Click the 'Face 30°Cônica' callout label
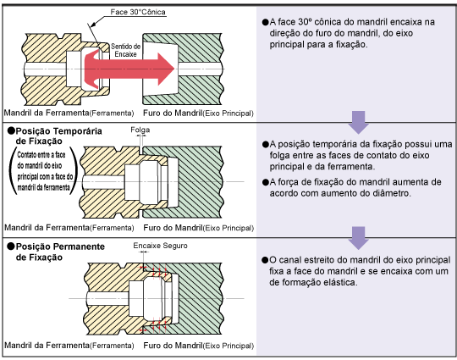tap(138, 12)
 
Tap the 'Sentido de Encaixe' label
tap(125, 50)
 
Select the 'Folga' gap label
tap(140, 130)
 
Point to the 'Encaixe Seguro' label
tap(160, 246)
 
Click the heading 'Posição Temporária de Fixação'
tap(55, 136)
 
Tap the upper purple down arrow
tap(359, 122)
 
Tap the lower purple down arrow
tap(359, 238)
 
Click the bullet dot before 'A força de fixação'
tap(265, 182)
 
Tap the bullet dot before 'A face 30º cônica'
tap(265, 22)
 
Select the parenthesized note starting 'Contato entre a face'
tap(44, 171)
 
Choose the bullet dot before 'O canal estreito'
tap(265, 260)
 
